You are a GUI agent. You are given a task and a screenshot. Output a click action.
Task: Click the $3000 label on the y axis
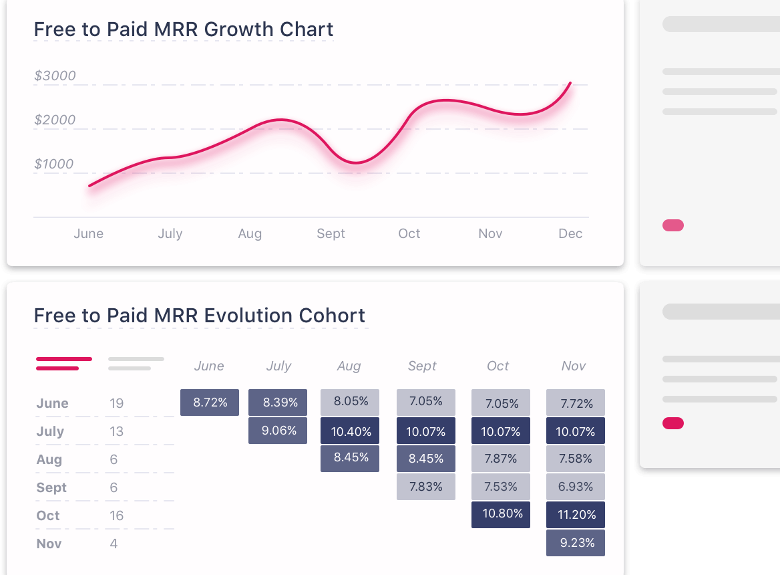[55, 76]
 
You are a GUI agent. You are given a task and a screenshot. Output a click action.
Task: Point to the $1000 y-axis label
[53, 164]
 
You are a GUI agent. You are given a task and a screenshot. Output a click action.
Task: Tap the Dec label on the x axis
[570, 233]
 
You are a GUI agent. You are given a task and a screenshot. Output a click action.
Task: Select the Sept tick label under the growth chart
[331, 234]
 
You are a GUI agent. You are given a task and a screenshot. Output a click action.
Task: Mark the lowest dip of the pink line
[356, 162]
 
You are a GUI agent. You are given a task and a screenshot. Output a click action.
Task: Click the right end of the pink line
[570, 83]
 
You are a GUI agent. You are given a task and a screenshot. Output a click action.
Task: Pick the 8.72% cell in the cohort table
[210, 402]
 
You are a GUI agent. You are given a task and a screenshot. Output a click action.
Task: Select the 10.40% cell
[350, 431]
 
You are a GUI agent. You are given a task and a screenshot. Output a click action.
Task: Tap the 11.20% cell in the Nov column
[576, 515]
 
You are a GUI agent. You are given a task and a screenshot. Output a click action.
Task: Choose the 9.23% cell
[576, 543]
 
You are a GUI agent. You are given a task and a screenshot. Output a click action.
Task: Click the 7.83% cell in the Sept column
[426, 487]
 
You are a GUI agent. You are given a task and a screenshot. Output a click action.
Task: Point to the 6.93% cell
[576, 487]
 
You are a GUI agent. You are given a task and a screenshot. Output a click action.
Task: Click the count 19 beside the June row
[116, 403]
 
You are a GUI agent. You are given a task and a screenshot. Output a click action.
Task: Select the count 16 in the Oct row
[116, 515]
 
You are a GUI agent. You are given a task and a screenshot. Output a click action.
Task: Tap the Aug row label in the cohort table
[49, 459]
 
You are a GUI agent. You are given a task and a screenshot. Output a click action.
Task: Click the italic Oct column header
[498, 366]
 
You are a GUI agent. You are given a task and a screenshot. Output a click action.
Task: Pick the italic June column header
[209, 366]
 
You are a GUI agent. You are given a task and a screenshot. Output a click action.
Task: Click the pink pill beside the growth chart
[673, 225]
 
